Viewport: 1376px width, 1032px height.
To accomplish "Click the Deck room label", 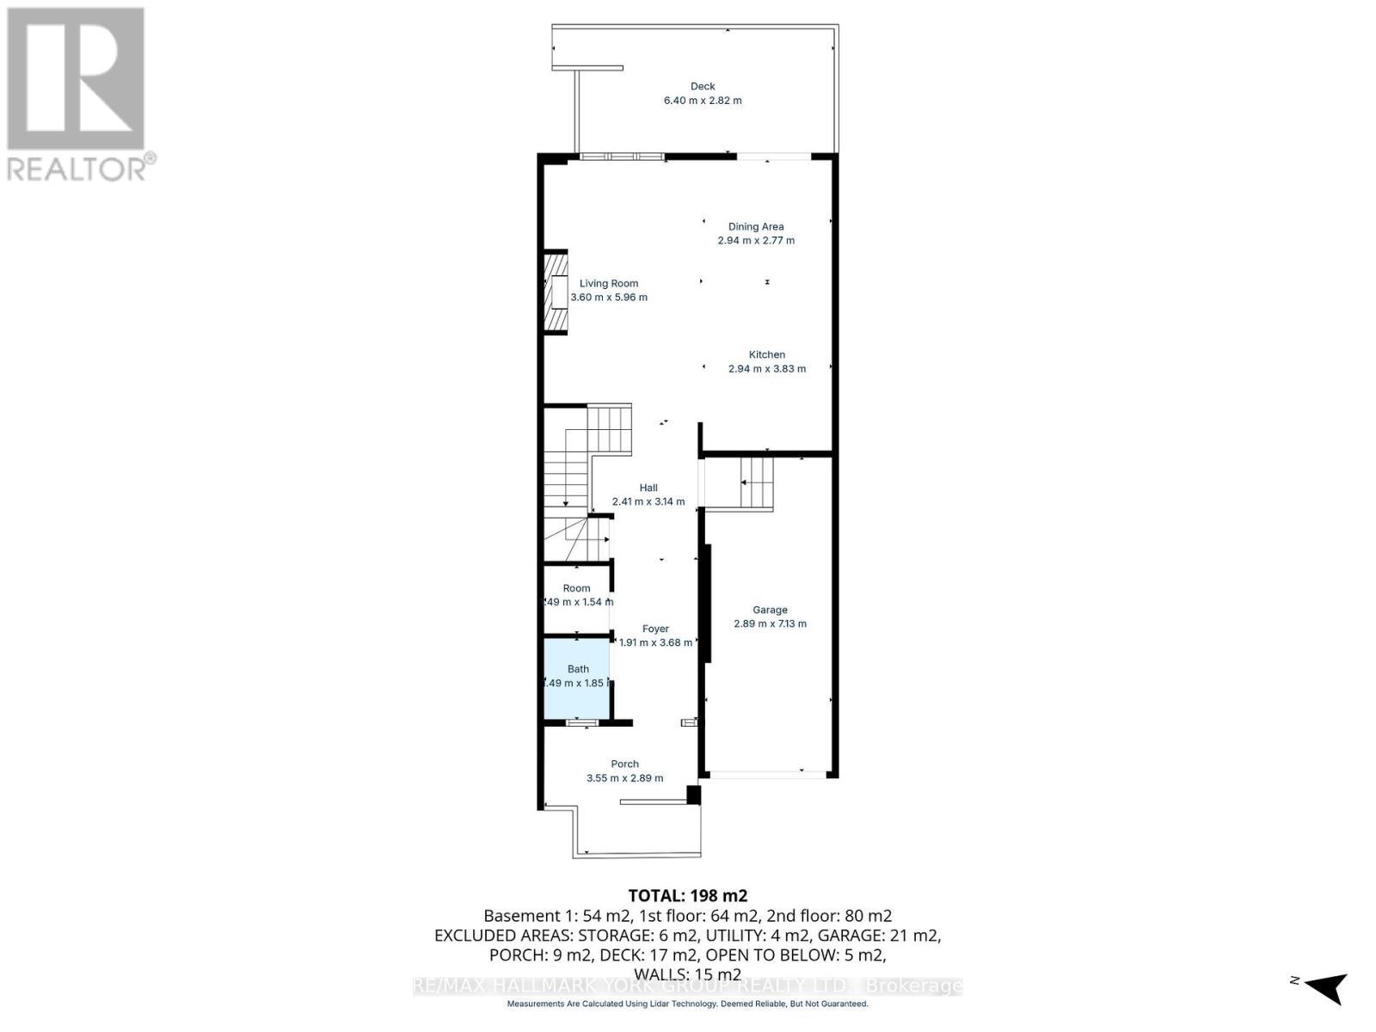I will [x=703, y=86].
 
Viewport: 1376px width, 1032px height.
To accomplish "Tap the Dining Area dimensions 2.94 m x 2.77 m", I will [x=756, y=241].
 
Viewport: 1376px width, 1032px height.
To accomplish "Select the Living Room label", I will [x=609, y=283].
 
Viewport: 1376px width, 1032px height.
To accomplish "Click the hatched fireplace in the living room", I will [x=556, y=292].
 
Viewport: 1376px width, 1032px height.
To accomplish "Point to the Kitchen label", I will [x=766, y=354].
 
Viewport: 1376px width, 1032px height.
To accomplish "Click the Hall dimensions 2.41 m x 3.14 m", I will [x=648, y=501].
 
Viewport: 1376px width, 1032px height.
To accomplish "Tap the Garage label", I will [x=770, y=610].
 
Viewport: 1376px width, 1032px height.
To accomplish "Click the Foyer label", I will [x=655, y=629].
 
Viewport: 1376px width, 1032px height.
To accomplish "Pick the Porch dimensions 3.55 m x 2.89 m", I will [x=624, y=778].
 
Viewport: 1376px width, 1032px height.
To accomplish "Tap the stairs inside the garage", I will [x=756, y=482].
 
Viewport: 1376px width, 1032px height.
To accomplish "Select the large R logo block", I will [x=76, y=77].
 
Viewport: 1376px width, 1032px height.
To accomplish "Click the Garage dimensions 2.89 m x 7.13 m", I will [x=770, y=623].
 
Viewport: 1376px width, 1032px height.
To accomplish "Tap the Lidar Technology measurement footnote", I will [x=687, y=1004].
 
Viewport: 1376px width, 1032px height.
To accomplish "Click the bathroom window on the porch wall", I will [x=582, y=722].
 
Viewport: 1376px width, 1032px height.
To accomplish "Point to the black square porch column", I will [x=693, y=795].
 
